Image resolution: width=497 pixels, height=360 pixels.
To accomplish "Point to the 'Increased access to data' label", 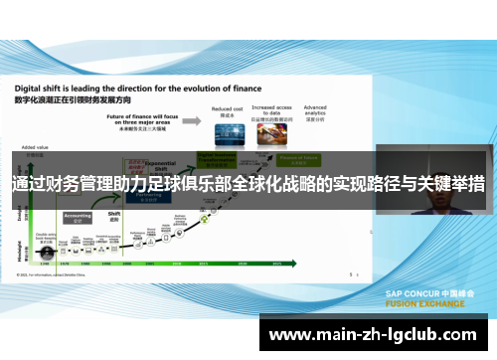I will [x=271, y=109].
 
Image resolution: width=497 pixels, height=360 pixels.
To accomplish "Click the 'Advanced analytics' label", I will [x=315, y=109].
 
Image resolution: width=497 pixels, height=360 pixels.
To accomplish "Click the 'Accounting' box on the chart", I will [x=78, y=217].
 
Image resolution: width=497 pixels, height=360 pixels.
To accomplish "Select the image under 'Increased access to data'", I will [x=271, y=136].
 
